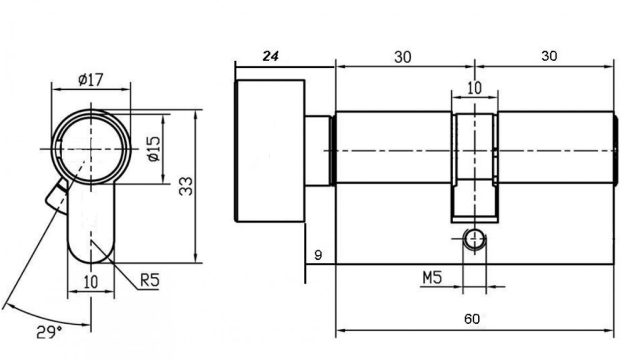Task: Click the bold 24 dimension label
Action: [x=271, y=56]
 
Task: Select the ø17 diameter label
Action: [x=90, y=79]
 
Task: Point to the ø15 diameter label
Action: [x=154, y=148]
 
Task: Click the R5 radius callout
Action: [x=150, y=281]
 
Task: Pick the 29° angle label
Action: [x=49, y=333]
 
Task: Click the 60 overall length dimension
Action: [x=472, y=319]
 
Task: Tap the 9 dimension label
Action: [x=318, y=255]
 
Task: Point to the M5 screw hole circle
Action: [x=474, y=240]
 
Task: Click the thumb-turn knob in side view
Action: [x=270, y=151]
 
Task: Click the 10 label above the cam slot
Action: [x=474, y=88]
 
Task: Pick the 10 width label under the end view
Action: [x=90, y=282]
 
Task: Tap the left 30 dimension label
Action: [x=403, y=57]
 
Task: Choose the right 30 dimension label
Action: [x=549, y=56]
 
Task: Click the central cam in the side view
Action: [x=474, y=166]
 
